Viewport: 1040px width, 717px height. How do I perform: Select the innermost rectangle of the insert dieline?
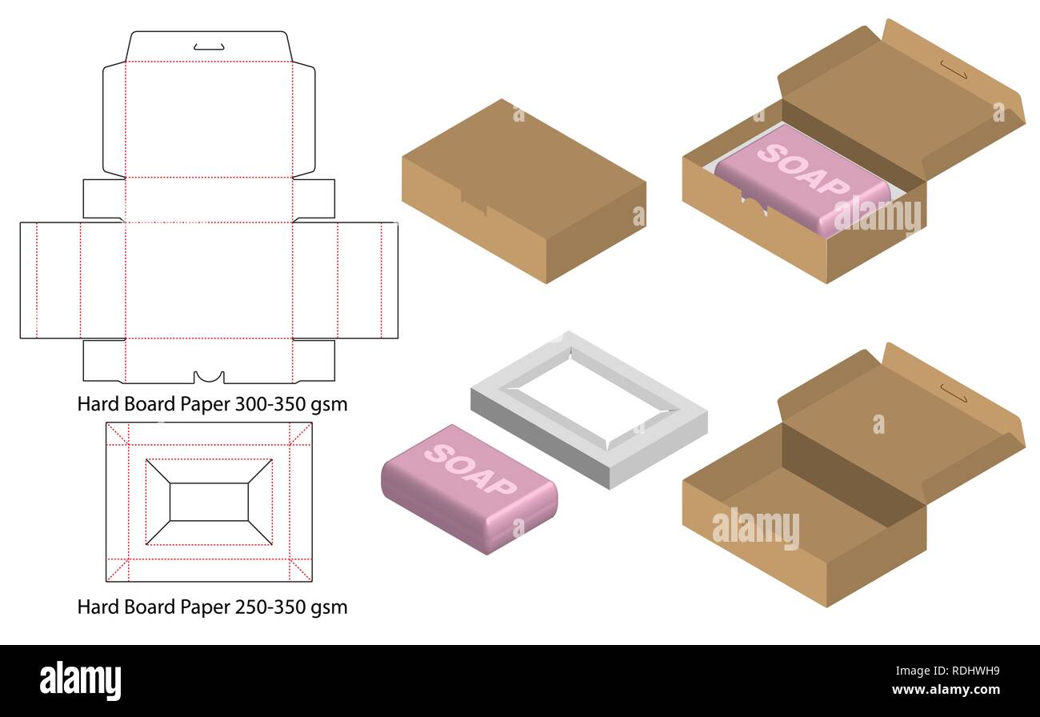tap(209, 502)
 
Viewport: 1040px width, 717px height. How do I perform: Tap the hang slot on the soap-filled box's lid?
tap(953, 70)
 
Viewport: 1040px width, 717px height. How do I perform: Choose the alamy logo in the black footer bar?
tap(80, 679)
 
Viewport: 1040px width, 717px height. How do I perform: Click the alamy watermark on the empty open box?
tap(754, 528)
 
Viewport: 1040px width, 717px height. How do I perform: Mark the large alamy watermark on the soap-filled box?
tap(877, 214)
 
